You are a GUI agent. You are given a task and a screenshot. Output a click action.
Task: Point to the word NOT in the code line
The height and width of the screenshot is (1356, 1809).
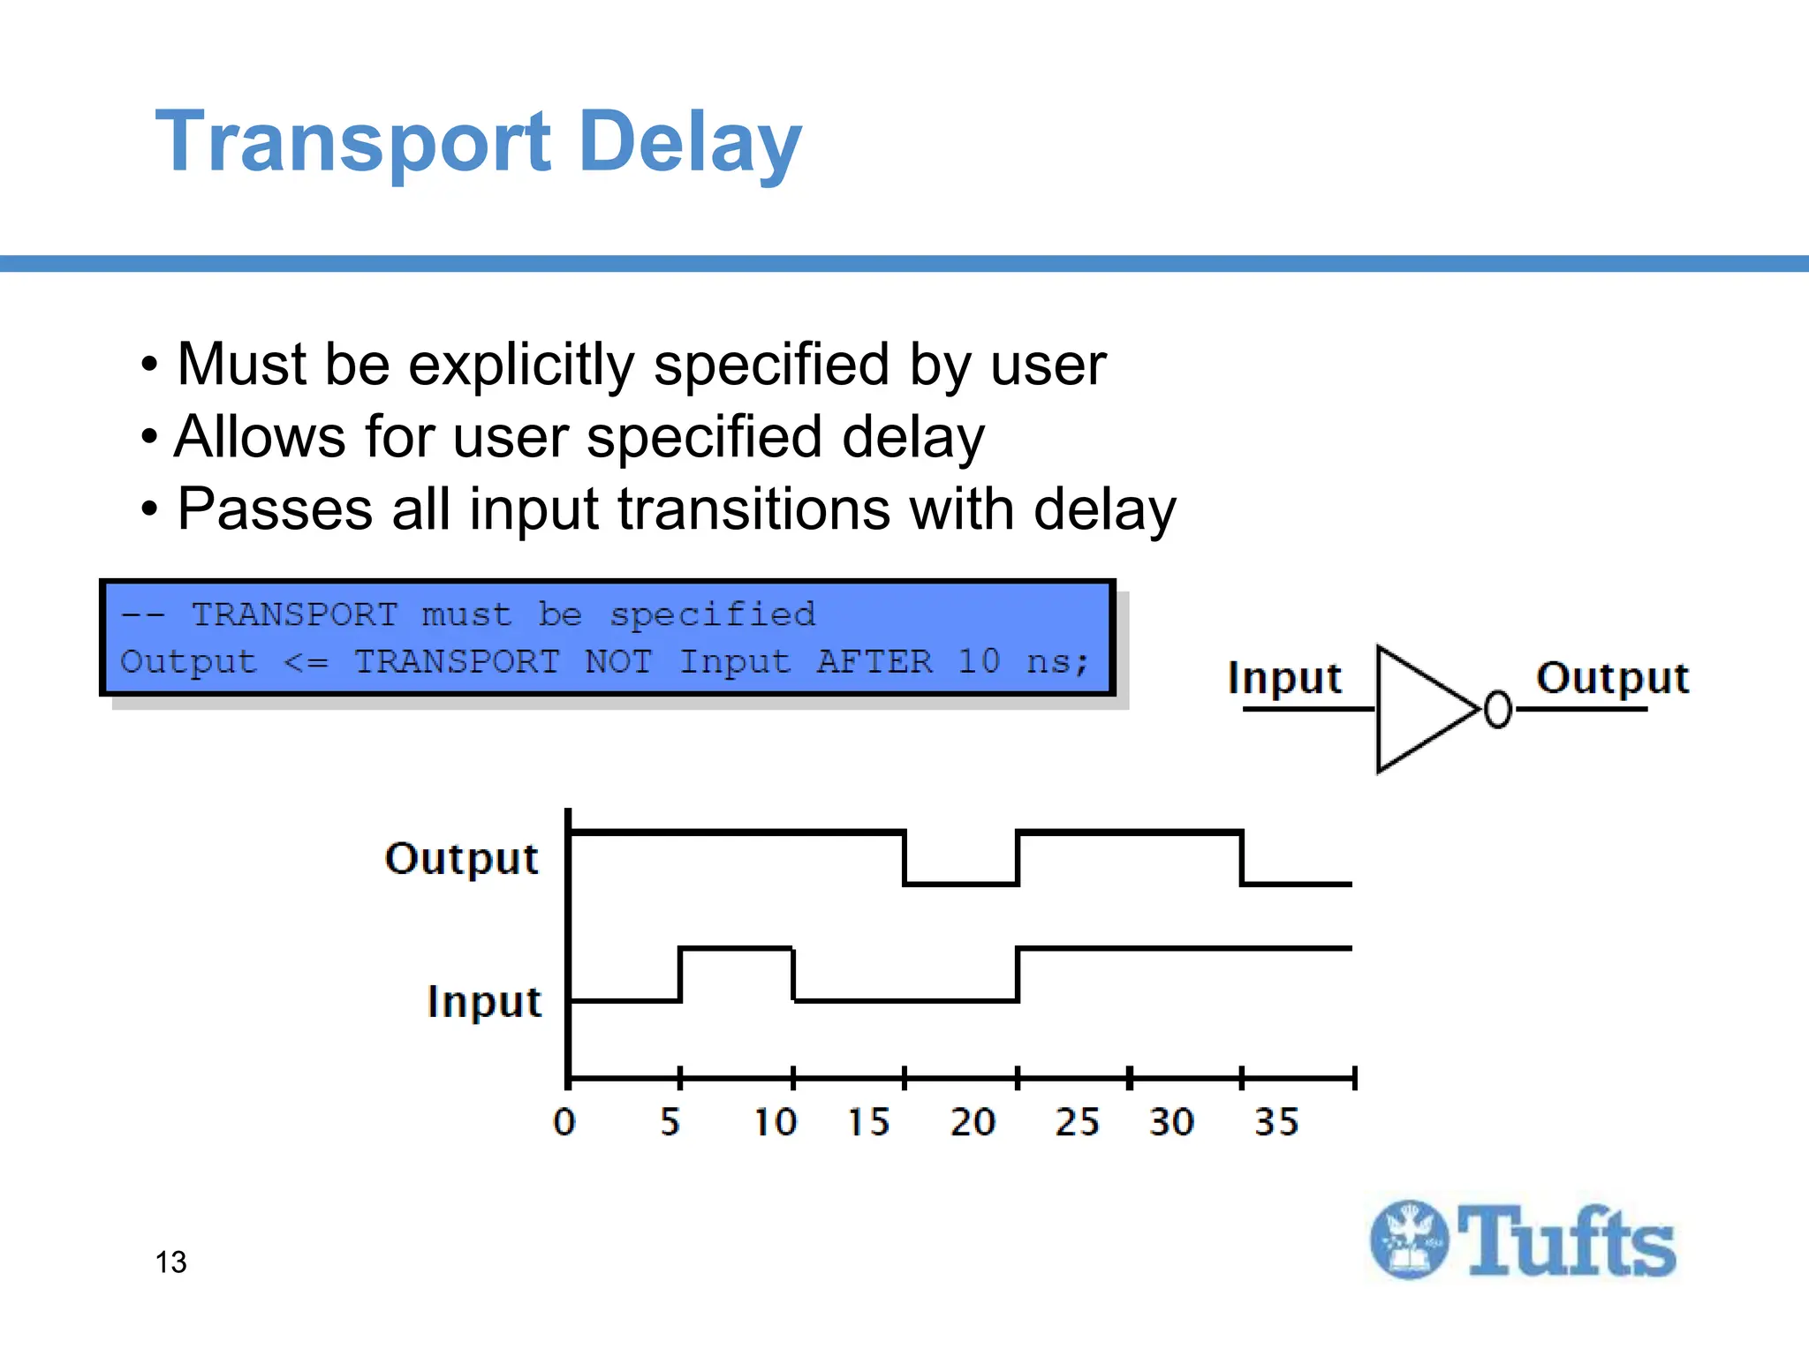[x=618, y=661]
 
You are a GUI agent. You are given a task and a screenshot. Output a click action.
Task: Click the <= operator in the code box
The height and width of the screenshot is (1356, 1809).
[x=306, y=662]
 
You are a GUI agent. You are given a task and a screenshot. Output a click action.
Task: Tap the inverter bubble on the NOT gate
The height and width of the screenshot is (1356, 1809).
[x=1497, y=710]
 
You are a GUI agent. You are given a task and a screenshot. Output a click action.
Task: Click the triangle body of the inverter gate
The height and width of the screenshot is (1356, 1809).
[x=1418, y=709]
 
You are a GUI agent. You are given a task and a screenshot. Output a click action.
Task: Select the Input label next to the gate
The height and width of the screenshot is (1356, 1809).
[x=1284, y=678]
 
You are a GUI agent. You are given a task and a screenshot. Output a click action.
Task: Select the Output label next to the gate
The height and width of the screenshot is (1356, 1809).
[x=1612, y=678]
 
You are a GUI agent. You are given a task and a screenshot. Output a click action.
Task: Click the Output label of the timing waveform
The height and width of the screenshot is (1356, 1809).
[x=461, y=858]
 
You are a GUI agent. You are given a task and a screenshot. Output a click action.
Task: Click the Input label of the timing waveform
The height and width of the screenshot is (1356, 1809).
[x=483, y=1002]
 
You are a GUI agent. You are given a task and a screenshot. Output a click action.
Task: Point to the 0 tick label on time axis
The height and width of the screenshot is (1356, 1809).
[x=564, y=1122]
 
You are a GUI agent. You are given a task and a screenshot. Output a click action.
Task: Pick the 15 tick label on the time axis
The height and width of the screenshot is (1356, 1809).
[x=868, y=1122]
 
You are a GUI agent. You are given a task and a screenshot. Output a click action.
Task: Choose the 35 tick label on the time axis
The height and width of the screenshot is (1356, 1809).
[x=1276, y=1122]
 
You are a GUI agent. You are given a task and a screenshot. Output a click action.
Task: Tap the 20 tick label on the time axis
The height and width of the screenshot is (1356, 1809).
[x=973, y=1122]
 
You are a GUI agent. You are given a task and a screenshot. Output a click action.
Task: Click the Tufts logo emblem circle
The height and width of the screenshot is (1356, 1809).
[x=1409, y=1240]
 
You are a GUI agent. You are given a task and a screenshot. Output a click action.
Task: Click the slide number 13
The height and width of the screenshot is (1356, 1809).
[x=171, y=1262]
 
